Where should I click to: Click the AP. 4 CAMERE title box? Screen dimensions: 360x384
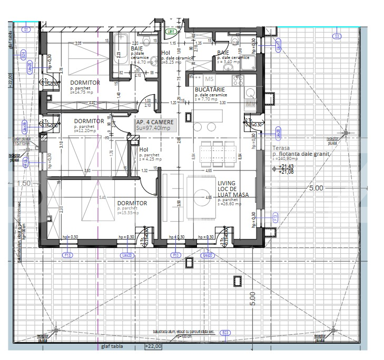(153, 125)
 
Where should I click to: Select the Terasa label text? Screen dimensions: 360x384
(281, 148)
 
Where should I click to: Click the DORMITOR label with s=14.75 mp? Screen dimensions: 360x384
(85, 83)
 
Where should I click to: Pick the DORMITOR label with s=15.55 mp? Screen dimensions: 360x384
(132, 203)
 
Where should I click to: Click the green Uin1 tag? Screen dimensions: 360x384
(170, 32)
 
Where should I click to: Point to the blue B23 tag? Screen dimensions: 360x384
(225, 332)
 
